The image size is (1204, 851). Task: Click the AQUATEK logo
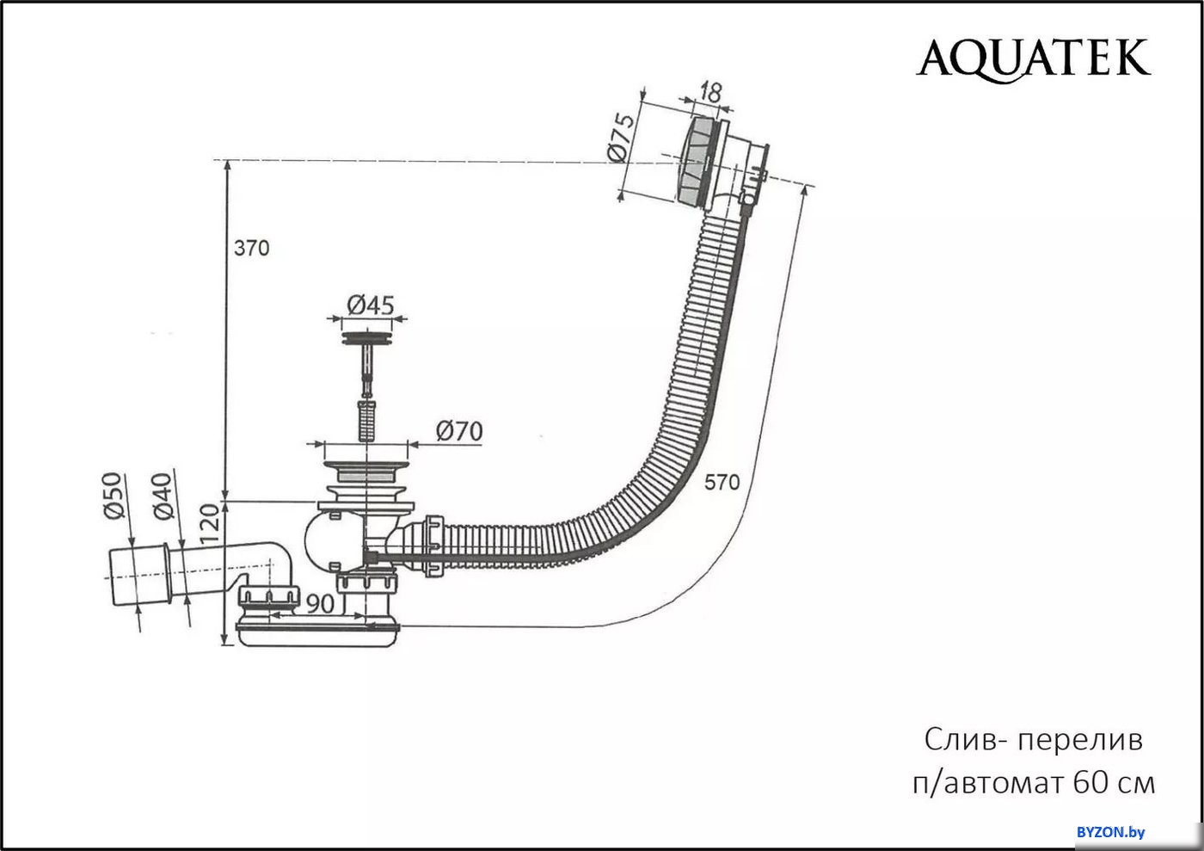tap(1033, 60)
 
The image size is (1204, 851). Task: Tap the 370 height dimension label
tap(251, 248)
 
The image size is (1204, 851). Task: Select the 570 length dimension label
tap(722, 482)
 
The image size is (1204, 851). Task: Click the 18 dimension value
tap(710, 93)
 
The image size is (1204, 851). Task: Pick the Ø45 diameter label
tap(371, 305)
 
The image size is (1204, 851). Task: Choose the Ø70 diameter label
tap(459, 431)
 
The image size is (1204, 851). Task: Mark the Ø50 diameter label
tap(114, 496)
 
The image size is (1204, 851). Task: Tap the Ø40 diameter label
tap(163, 496)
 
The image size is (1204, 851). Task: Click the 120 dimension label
tap(210, 523)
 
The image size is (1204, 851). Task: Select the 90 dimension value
tap(320, 604)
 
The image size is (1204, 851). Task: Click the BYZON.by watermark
tap(1111, 832)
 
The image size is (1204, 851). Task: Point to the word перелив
tap(1080, 740)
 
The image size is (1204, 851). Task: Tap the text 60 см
tap(1115, 783)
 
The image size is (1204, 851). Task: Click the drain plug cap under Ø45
tap(366, 339)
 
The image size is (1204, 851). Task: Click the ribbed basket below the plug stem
tap(366, 420)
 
